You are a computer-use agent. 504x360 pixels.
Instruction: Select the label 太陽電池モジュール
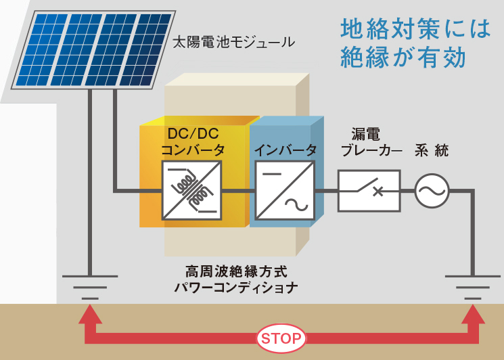coord(233,43)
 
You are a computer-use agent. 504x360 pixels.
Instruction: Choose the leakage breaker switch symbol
coord(369,189)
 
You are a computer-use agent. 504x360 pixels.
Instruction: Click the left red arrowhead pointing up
coord(89,315)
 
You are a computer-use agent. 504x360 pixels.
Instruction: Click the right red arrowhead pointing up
coord(473,315)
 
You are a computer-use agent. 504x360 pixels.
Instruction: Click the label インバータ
coord(285,150)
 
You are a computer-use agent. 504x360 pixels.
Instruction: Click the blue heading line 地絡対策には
coord(415,29)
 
